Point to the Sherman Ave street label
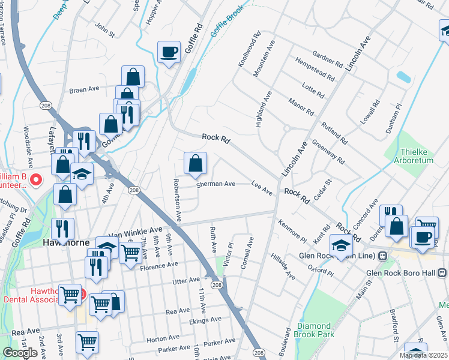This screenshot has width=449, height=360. pos(216,184)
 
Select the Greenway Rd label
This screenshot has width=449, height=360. pos(328,152)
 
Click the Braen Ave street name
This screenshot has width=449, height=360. pos(84,89)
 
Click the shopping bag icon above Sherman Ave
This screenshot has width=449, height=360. pos(195,163)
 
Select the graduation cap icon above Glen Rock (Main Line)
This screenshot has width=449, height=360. pos(340,245)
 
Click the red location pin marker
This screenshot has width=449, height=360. pos(36,179)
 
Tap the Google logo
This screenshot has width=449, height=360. pos(20,353)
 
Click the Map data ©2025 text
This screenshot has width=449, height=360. pos(424,355)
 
